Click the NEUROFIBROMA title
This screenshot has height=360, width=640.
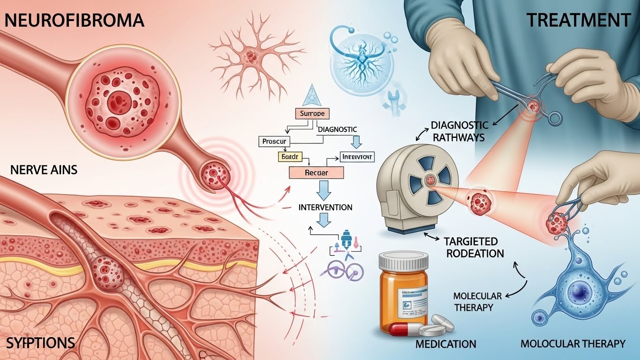tap(73, 20)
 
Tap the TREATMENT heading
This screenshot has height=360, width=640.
tap(578, 20)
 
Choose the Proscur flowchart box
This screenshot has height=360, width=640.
tap(275, 141)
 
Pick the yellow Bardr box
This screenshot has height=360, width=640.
tap(291, 156)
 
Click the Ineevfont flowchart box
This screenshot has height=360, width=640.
tap(357, 157)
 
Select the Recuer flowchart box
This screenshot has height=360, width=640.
tap(316, 172)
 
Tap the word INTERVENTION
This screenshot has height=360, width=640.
tap(325, 207)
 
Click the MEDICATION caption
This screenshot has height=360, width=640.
tap(446, 344)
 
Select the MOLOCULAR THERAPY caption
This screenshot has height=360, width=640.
tap(573, 344)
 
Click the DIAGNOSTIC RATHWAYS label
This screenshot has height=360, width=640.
tap(459, 131)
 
